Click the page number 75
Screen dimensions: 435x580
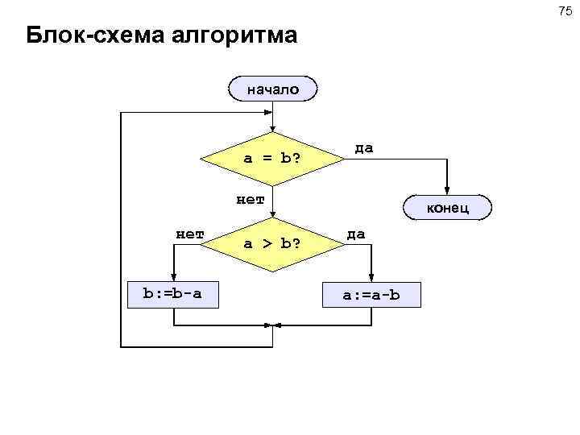564,11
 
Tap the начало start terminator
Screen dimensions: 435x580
273,89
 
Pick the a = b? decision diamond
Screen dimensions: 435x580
273,158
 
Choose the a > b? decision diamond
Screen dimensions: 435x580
273,242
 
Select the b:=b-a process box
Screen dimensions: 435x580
172,294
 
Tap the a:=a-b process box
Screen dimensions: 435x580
371,295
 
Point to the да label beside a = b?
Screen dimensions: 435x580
364,147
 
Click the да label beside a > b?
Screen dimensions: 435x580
356,234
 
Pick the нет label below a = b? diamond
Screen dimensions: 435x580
251,198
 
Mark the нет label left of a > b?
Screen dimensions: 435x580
190,234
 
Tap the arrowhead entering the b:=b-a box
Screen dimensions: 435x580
173,277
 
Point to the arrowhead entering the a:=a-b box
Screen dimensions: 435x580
371,278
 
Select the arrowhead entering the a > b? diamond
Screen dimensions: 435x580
274,213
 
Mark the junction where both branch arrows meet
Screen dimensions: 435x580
274,325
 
